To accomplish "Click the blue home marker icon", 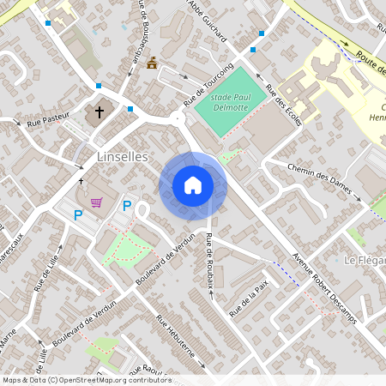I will coord(193,184).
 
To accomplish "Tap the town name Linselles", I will coord(124,157).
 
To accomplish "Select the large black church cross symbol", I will coord(100,112).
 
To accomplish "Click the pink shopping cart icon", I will coord(98,203).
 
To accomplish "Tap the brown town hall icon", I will coord(153,63).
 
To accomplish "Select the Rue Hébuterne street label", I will coord(175,340).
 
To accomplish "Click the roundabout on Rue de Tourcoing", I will coord(179,120).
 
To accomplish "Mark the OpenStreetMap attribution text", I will coord(86,380).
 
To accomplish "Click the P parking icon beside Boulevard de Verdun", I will coord(127,206).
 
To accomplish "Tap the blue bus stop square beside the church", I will coord(130,109).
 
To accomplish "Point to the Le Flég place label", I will coord(364,260).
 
